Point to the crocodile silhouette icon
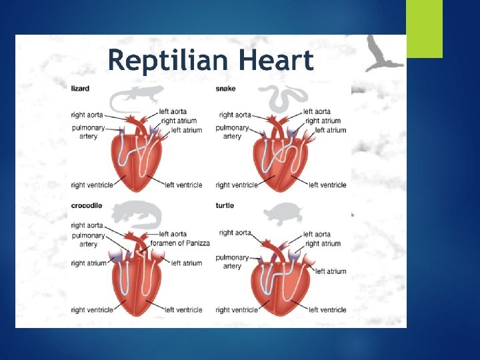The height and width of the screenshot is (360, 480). point(136,215)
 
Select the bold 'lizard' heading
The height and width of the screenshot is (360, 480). point(80,87)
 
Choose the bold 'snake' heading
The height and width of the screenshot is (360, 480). point(225,87)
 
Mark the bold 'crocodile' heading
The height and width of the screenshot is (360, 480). point(87,205)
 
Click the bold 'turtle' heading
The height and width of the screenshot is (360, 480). point(225,205)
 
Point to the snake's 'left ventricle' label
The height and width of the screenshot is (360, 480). point(327,185)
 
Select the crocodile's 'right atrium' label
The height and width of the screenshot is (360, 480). point(89,263)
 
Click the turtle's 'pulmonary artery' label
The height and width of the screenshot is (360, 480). point(232,261)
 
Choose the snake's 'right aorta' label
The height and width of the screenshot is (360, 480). point(235,115)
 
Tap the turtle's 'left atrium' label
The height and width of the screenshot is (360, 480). point(331,271)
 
